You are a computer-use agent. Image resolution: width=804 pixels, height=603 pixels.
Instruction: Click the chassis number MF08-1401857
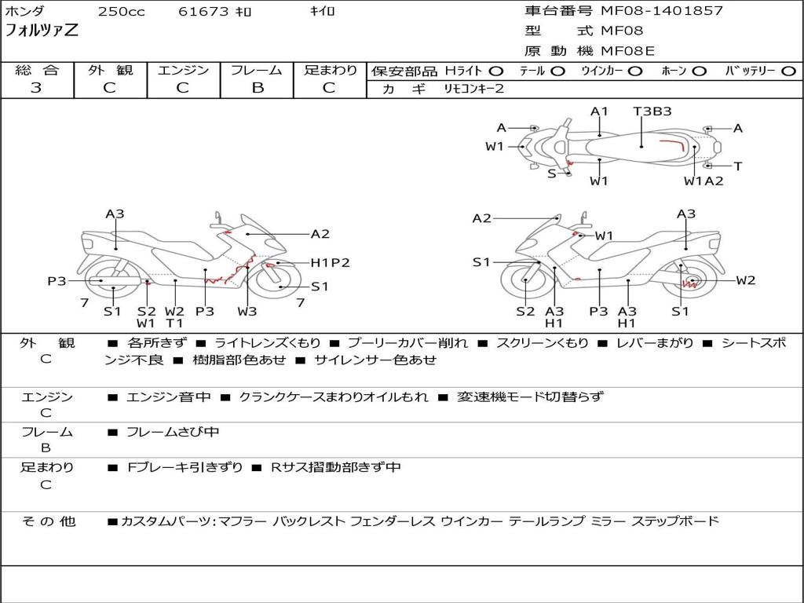tap(662, 11)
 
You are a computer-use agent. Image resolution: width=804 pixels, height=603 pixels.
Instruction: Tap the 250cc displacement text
tap(121, 12)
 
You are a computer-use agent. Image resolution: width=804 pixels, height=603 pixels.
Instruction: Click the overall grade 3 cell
tap(36, 88)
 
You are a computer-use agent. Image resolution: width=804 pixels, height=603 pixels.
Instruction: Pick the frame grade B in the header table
tap(257, 88)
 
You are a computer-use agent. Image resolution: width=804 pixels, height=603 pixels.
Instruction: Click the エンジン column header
tap(183, 71)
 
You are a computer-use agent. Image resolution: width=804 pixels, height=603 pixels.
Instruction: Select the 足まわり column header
tap(331, 71)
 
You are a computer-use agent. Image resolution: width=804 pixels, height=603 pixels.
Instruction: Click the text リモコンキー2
tap(473, 90)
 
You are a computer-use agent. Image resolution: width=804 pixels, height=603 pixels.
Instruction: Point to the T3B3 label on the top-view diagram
tap(652, 111)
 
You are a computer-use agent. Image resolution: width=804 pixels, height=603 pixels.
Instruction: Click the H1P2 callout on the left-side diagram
tap(330, 263)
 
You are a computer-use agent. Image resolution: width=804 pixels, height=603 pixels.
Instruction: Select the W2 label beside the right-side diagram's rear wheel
tap(745, 280)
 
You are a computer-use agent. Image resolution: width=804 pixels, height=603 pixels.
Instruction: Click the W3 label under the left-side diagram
tap(247, 312)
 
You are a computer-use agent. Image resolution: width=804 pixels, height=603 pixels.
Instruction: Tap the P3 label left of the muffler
tap(57, 281)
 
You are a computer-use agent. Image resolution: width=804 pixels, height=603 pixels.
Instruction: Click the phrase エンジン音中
tap(169, 397)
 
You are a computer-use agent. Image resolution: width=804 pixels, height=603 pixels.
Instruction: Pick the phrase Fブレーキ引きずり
tap(185, 467)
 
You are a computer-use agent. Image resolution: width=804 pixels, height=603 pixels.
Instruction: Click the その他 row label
tap(48, 521)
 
